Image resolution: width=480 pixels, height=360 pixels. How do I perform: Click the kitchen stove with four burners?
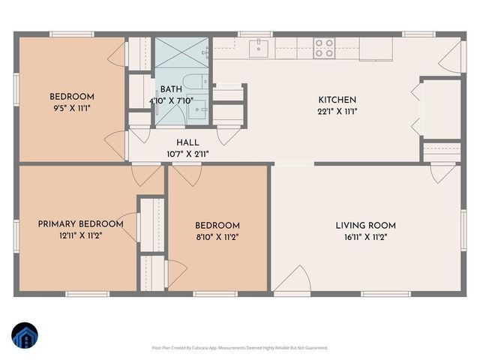tap(324, 49)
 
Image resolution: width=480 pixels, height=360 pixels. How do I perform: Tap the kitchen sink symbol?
tap(260, 49)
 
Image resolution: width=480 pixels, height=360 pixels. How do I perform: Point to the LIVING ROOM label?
tap(365, 225)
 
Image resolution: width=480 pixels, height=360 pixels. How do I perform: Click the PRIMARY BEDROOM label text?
tap(80, 223)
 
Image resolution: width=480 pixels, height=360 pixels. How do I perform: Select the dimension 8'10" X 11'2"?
tap(217, 238)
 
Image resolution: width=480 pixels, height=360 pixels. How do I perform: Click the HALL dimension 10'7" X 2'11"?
tap(187, 154)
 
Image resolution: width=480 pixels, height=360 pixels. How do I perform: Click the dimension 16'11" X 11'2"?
tap(365, 238)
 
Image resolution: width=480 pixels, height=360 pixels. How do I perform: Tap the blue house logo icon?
tap(25, 334)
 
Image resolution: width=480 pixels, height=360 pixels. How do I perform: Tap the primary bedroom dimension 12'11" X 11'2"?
tap(80, 236)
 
